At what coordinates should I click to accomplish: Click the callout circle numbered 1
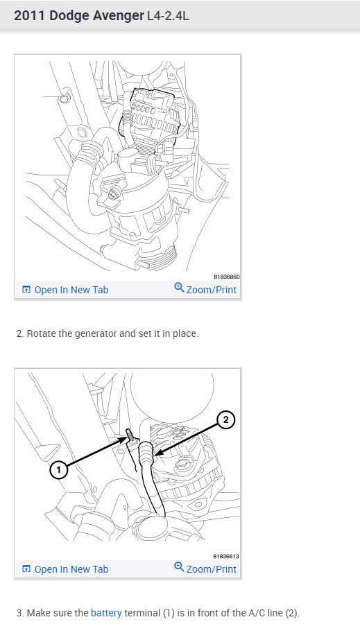point(58,470)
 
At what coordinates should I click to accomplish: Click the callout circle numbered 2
point(225,420)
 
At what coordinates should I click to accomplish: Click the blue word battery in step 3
point(106,613)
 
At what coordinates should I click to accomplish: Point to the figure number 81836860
point(227,277)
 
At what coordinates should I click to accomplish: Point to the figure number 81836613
point(226,556)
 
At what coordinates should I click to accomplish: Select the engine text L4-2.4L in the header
point(168,16)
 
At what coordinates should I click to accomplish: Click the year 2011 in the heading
point(29,16)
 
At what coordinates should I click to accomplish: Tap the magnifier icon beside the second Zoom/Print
point(179,567)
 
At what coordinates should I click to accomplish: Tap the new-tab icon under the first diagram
point(26,289)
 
